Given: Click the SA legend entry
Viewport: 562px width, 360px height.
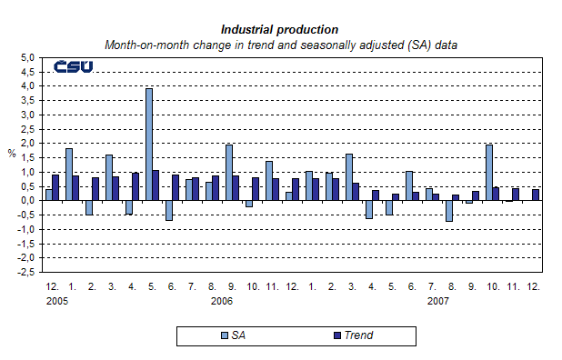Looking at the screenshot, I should click(x=237, y=335).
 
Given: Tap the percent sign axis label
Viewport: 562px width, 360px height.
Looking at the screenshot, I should click(x=12, y=154).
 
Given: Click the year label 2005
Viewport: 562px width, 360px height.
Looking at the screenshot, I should click(x=56, y=300).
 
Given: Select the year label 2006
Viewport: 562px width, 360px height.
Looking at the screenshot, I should click(x=222, y=300).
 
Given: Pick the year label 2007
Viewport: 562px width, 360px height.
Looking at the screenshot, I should click(x=438, y=300).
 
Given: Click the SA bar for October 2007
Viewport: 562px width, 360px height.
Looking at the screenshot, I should click(x=490, y=173).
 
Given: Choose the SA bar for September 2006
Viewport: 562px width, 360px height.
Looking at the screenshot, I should click(x=229, y=173).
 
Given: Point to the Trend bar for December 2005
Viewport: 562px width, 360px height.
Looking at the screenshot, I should click(x=56, y=187).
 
